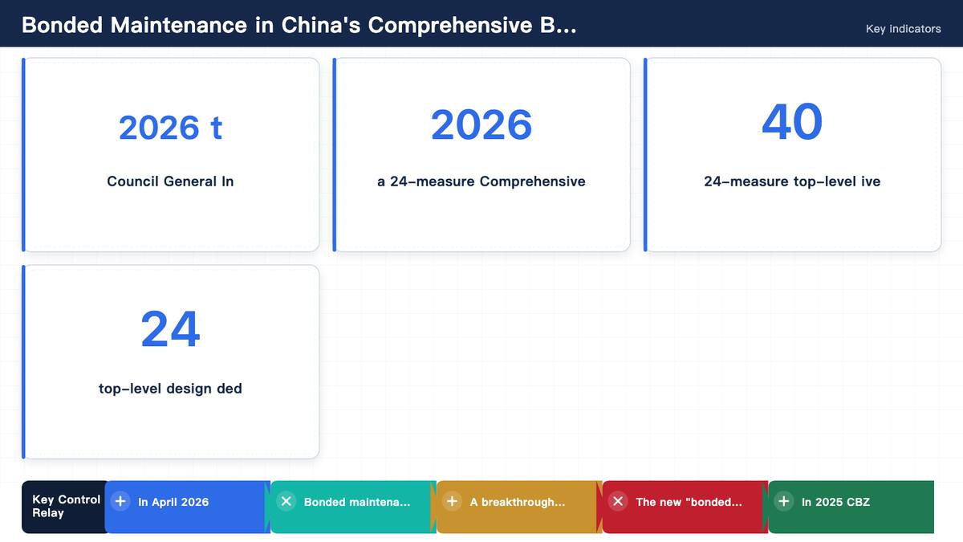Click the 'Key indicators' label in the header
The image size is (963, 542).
point(904,29)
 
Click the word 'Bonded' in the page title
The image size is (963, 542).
point(63,25)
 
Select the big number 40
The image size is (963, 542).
point(792,122)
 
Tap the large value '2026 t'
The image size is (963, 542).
point(170,128)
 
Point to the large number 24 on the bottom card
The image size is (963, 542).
point(170,329)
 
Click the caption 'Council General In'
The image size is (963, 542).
point(170,181)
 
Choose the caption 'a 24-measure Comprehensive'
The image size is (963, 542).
point(481,181)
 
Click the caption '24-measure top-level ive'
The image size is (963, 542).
point(792,181)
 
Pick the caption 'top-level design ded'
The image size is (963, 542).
point(170,389)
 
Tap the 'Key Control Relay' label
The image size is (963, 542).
point(66,506)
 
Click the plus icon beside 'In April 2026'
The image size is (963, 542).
point(120,501)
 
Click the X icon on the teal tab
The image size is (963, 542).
point(286,501)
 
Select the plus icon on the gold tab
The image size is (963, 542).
point(453,501)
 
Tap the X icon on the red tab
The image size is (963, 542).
point(618,501)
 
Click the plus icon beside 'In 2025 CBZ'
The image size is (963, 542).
point(784,501)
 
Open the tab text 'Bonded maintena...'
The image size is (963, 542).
point(357,502)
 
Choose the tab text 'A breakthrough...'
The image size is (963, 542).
point(517,502)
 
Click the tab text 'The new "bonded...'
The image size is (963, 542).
point(689,502)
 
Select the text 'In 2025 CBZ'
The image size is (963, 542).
point(835,502)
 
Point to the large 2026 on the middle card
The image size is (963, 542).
point(481,124)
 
